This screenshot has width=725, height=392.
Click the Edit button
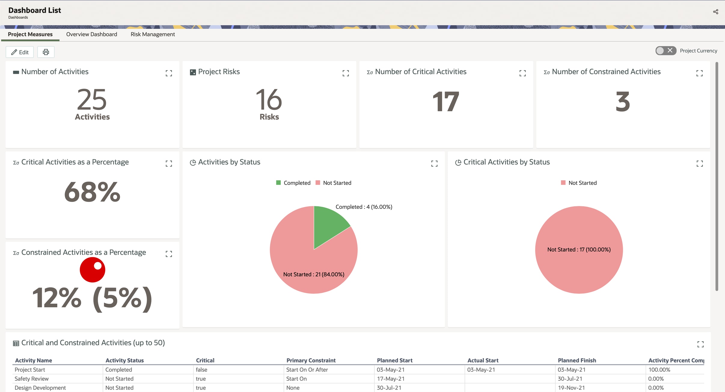pos(20,52)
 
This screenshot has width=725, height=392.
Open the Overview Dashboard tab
pos(92,34)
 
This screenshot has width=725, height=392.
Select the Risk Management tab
pos(153,34)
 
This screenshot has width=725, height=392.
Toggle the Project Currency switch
pos(665,51)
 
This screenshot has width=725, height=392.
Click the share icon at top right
pos(715,12)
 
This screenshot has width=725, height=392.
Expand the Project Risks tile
pos(346,73)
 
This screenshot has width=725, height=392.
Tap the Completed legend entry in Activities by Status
pos(293,183)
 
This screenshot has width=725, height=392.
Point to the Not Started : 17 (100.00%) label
pos(579,249)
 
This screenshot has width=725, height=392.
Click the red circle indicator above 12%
pos(92,270)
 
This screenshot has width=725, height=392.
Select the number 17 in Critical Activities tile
pos(446,102)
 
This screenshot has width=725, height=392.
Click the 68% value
pos(92,192)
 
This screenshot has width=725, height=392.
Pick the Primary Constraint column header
pos(311,360)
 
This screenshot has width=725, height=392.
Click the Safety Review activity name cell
pos(32,378)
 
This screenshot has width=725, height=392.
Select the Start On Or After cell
pos(307,369)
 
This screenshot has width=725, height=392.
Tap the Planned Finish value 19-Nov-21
pos(571,387)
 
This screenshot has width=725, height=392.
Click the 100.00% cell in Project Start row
pos(659,369)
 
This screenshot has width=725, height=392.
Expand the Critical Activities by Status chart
pos(699,164)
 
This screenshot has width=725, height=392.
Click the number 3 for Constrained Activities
pos(623,102)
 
